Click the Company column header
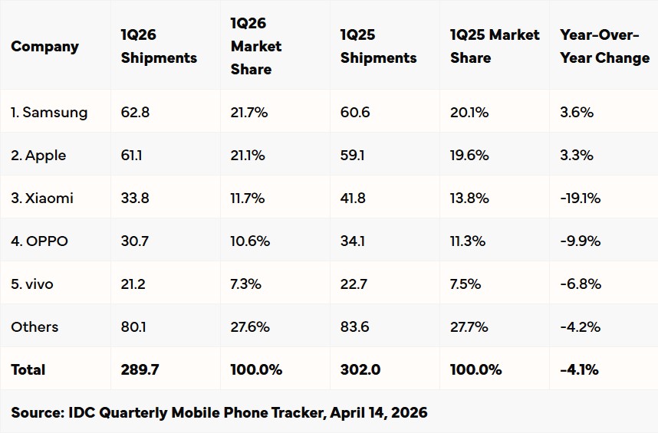pos(44,47)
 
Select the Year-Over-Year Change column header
pos(604,47)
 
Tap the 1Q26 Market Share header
pos(256,47)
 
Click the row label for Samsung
pos(49,113)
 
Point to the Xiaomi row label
pos(42,198)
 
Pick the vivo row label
pos(32,284)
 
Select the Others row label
pos(35,327)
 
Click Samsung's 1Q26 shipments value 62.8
pos(135,113)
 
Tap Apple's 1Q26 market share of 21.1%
pos(248,156)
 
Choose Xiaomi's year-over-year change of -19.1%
pos(580,198)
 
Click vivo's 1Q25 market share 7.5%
pos(466,284)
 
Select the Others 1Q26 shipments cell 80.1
pos(133,327)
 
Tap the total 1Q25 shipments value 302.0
pos(360,370)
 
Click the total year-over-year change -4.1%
pos(579,370)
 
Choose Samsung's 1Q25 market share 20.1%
pos(469,113)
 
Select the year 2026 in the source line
pos(407,412)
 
